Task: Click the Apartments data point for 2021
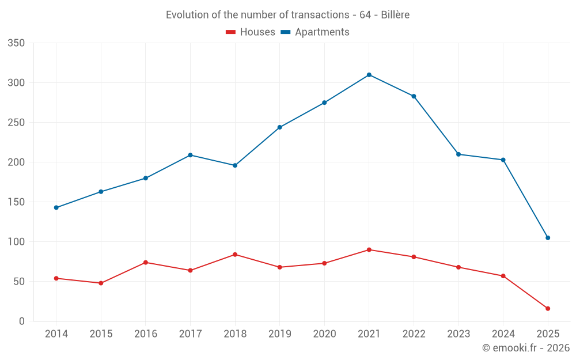(x=369, y=75)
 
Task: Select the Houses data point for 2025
(x=548, y=309)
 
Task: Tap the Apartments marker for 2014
(x=56, y=207)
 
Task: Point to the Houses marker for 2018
(x=235, y=255)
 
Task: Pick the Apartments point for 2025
(x=548, y=238)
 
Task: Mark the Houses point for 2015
(x=101, y=283)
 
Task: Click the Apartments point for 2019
(x=280, y=127)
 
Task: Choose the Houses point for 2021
(x=369, y=250)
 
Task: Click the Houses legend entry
(x=251, y=32)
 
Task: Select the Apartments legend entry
(x=316, y=32)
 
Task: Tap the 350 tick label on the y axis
(x=17, y=43)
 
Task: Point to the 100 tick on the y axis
(x=17, y=242)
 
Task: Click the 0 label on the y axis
(x=22, y=321)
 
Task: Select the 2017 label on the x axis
(x=190, y=334)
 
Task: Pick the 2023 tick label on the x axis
(x=458, y=334)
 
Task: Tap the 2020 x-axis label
(x=324, y=334)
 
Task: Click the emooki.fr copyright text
(x=526, y=348)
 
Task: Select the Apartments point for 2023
(x=458, y=154)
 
